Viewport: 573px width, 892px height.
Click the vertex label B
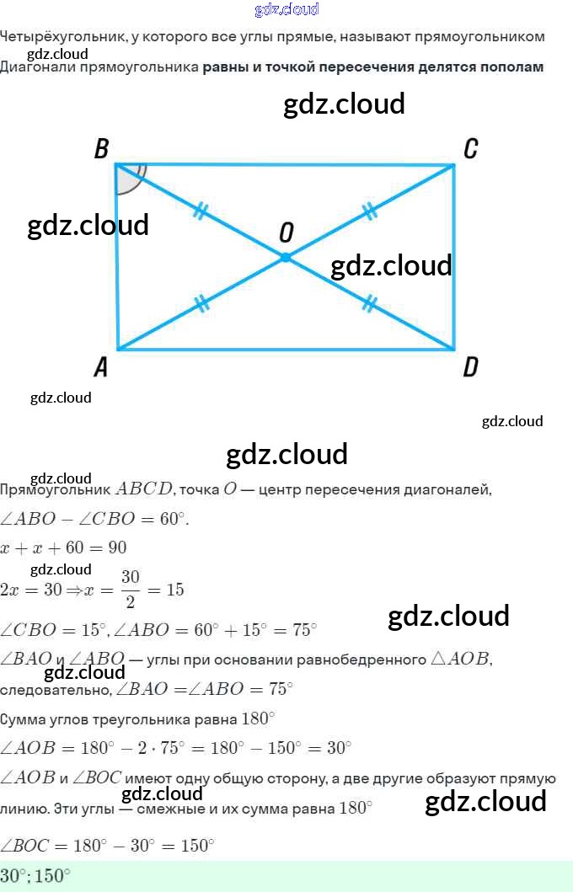point(102,150)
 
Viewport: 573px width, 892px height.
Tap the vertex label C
point(470,149)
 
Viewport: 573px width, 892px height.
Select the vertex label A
point(101,366)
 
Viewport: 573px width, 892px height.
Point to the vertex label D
point(470,366)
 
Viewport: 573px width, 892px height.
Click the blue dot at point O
point(286,257)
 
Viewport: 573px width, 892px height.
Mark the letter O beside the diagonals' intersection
point(286,232)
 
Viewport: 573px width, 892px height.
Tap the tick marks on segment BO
point(200,211)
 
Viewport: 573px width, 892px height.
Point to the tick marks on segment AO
point(201,303)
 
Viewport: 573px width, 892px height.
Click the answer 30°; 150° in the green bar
point(35,876)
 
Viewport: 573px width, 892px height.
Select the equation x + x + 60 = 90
point(63,547)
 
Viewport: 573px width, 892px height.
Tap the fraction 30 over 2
point(130,589)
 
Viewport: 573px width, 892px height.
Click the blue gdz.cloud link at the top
point(286,9)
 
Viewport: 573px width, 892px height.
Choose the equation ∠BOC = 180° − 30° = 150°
point(108,845)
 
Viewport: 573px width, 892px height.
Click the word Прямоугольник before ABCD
point(56,489)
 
